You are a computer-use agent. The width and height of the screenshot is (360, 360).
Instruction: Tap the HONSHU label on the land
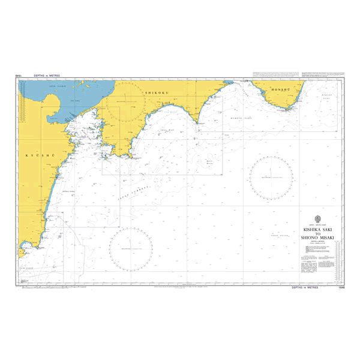click(x=281, y=89)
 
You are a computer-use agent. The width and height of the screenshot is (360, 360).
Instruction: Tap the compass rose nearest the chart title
click(x=271, y=177)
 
